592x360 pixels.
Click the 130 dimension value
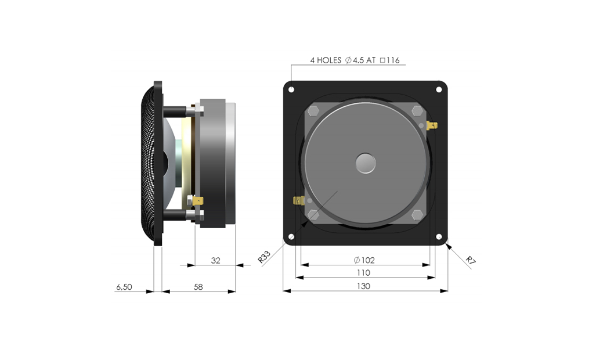coord(363,286)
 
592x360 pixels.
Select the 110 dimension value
coord(363,272)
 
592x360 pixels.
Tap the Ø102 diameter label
coord(364,260)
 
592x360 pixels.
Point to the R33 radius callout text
coord(264,257)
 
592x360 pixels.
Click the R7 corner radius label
coord(471,260)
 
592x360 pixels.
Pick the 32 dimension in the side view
coord(215,260)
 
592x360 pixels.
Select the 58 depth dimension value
coord(198,287)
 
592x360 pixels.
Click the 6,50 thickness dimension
coord(124,287)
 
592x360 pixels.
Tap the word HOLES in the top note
coord(329,60)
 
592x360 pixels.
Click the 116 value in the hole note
coord(393,60)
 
